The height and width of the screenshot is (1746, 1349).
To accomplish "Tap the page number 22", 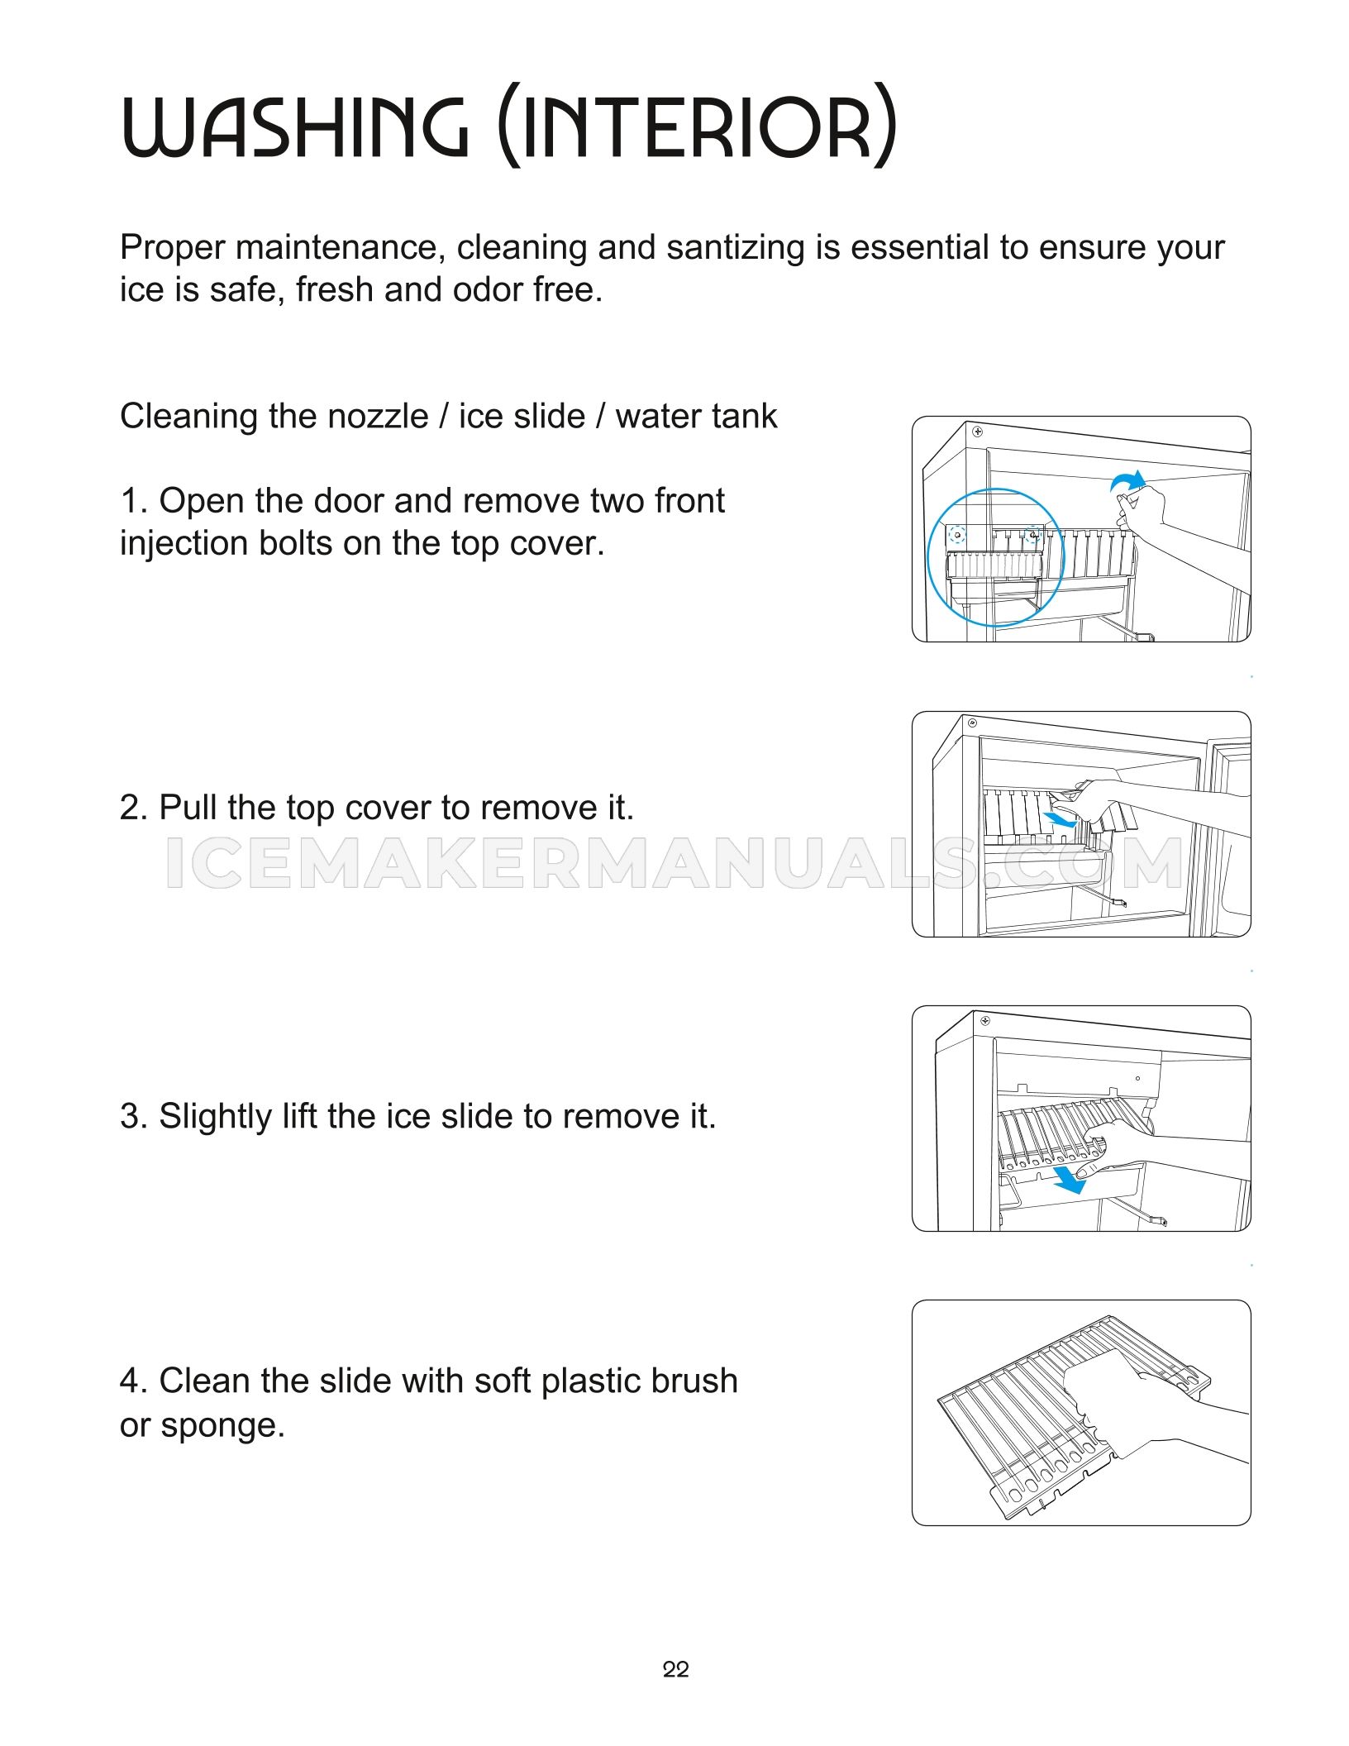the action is click(x=675, y=1669).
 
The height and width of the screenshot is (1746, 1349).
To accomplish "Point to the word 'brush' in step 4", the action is click(x=693, y=1381).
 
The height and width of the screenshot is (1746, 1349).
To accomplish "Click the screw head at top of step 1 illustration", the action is click(x=978, y=432).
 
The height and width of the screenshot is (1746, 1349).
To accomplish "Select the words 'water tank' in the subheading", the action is click(x=696, y=416).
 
